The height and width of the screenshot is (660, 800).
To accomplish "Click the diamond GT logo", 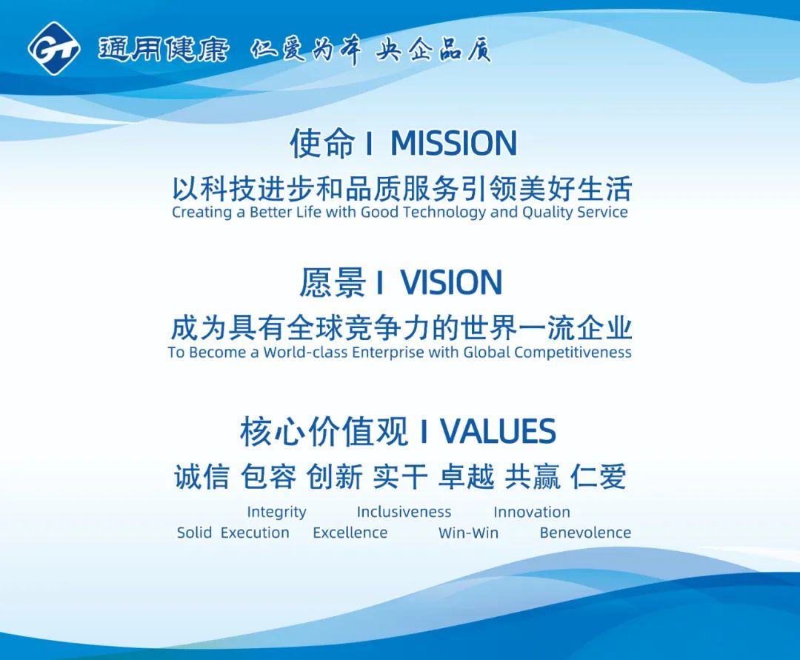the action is (53, 48).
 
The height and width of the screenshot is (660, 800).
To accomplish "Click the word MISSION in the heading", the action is (453, 143).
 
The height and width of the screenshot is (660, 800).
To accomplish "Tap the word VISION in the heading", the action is (451, 282).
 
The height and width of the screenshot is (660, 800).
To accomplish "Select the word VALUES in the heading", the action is (498, 432).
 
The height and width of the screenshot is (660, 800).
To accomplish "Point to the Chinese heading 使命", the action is (322, 143).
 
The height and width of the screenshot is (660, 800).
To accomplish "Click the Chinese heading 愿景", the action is (332, 282).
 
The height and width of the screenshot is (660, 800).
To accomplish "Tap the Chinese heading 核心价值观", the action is (324, 432).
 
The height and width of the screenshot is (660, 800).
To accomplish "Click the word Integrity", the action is (276, 512).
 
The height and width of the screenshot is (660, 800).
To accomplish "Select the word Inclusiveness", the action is (404, 512).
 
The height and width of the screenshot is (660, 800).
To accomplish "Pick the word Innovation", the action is (532, 512).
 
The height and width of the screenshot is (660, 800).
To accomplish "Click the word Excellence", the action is (350, 533).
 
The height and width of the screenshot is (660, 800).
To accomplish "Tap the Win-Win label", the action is (468, 533).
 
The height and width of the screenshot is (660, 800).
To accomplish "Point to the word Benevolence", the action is (585, 533).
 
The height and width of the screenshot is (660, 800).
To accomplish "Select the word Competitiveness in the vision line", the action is (573, 353).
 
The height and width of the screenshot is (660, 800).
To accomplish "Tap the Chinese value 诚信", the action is (201, 476).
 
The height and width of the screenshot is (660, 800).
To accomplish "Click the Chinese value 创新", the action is (334, 476).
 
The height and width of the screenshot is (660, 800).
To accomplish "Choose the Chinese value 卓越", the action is (467, 476).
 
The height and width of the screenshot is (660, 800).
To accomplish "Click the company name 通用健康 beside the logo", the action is (163, 50).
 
